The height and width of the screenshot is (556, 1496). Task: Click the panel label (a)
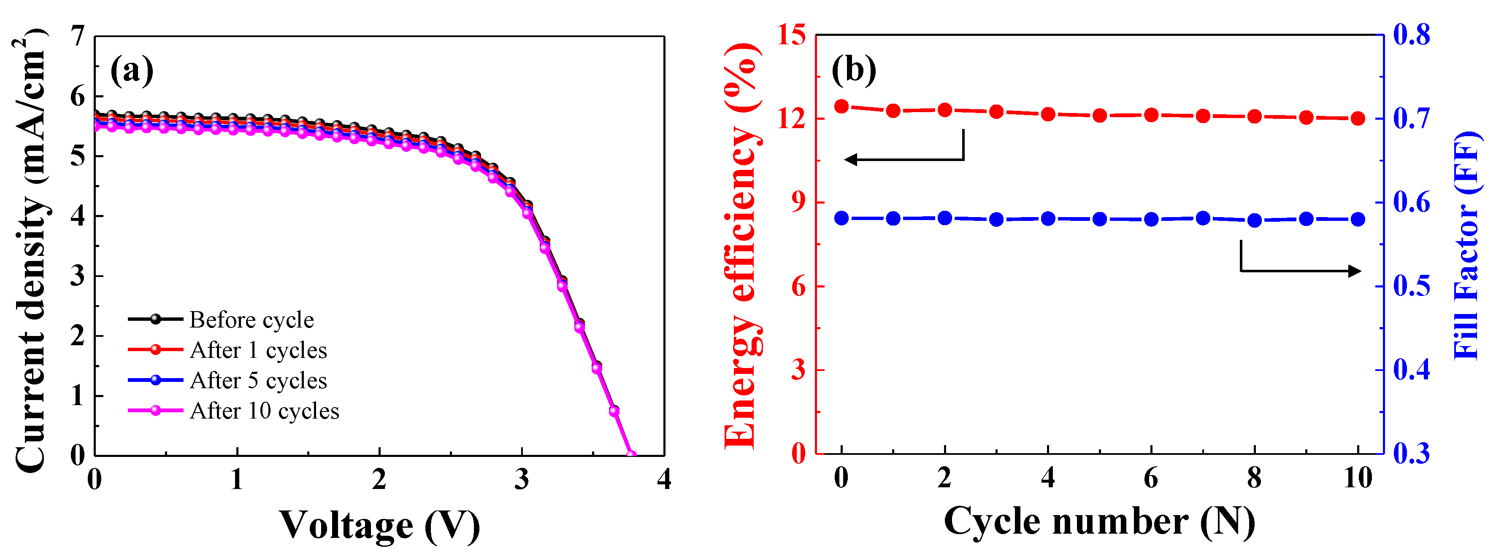point(132,71)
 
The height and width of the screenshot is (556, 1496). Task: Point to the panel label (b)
point(854,71)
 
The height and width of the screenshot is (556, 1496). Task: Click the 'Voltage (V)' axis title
point(380,525)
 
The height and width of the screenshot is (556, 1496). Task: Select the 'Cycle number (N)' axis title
point(1099,521)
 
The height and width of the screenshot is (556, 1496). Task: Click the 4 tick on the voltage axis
point(664,479)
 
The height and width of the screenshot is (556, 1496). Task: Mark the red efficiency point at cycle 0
point(841,106)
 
